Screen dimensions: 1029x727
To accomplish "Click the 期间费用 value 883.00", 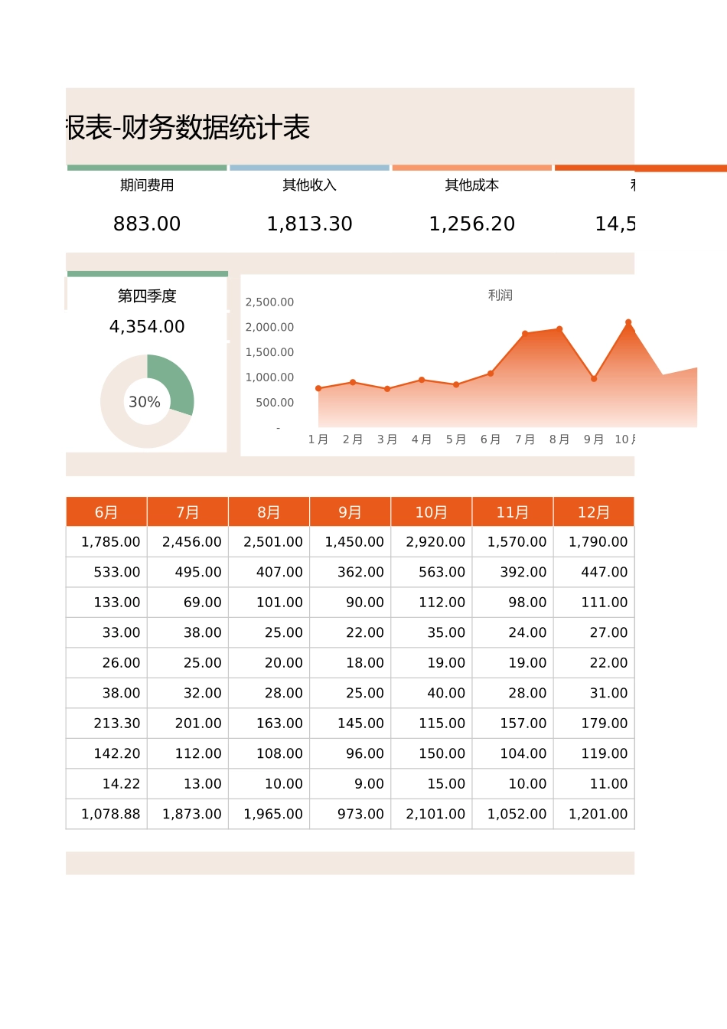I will pyautogui.click(x=147, y=224).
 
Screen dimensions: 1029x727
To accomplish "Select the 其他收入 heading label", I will pyautogui.click(x=309, y=185).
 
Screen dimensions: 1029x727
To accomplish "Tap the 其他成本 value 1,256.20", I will pyautogui.click(x=471, y=224).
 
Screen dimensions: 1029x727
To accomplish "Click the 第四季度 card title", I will pyautogui.click(x=147, y=296).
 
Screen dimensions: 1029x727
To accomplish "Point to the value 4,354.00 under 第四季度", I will pyautogui.click(x=147, y=327).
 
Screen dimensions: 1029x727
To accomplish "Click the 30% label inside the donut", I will pyautogui.click(x=144, y=402).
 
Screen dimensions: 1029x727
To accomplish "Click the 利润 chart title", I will pyautogui.click(x=500, y=295).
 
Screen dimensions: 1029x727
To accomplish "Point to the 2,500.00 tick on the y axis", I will pyautogui.click(x=269, y=302).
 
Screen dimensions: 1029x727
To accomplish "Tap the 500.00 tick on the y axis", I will pyautogui.click(x=275, y=403).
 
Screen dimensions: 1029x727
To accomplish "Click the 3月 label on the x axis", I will pyautogui.click(x=387, y=439).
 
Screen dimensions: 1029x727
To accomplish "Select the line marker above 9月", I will pyautogui.click(x=594, y=378).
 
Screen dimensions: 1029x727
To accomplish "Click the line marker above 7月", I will pyautogui.click(x=525, y=334).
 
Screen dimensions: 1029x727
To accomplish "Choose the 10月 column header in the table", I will pyautogui.click(x=432, y=512).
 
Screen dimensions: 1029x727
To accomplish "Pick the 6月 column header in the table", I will pyautogui.click(x=106, y=512).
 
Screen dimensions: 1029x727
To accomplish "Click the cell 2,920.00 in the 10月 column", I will pyautogui.click(x=435, y=542).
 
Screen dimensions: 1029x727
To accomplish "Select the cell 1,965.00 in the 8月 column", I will pyautogui.click(x=273, y=814).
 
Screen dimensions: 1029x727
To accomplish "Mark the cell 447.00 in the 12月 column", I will pyautogui.click(x=604, y=572).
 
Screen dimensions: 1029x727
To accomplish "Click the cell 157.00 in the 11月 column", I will pyautogui.click(x=523, y=724).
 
